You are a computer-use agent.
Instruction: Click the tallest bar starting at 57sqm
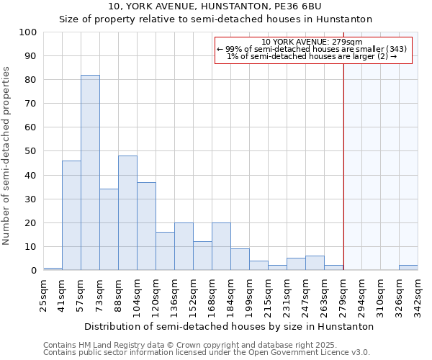[90, 173]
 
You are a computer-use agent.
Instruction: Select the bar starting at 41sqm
[71, 215]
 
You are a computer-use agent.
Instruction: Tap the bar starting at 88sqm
[127, 213]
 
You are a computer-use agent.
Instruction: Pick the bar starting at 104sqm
[146, 226]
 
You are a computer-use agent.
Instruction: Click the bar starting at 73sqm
[109, 230]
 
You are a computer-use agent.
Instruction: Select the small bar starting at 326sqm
[408, 268]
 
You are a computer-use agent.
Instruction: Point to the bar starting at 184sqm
[240, 260]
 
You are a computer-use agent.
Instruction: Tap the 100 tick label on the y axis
[28, 32]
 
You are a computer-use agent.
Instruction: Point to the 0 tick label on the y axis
[34, 271]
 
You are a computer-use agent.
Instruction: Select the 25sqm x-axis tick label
[44, 295]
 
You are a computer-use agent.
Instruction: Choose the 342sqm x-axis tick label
[418, 295]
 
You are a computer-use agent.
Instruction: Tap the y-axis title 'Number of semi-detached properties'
[7, 156]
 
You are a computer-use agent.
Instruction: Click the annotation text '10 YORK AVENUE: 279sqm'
[312, 42]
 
